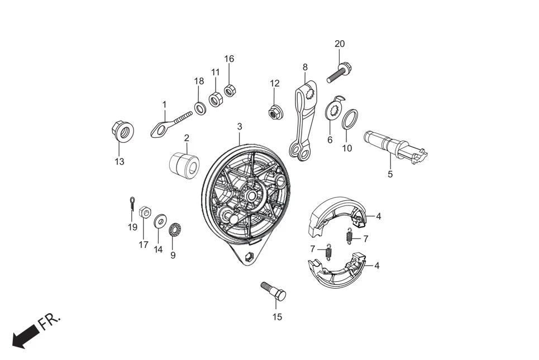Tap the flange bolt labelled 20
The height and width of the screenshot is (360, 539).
click(339, 73)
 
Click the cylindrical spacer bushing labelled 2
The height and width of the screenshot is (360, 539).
click(184, 165)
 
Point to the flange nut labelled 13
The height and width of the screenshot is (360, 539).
click(123, 132)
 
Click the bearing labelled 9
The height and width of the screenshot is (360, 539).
click(174, 228)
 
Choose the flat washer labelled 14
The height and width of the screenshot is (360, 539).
click(159, 221)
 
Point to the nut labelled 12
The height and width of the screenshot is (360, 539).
click(275, 112)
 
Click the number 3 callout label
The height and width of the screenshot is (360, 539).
click(240, 127)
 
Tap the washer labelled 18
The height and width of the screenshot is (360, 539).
click(200, 108)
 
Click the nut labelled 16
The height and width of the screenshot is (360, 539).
click(229, 90)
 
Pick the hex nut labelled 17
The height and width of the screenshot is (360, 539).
click(144, 212)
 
